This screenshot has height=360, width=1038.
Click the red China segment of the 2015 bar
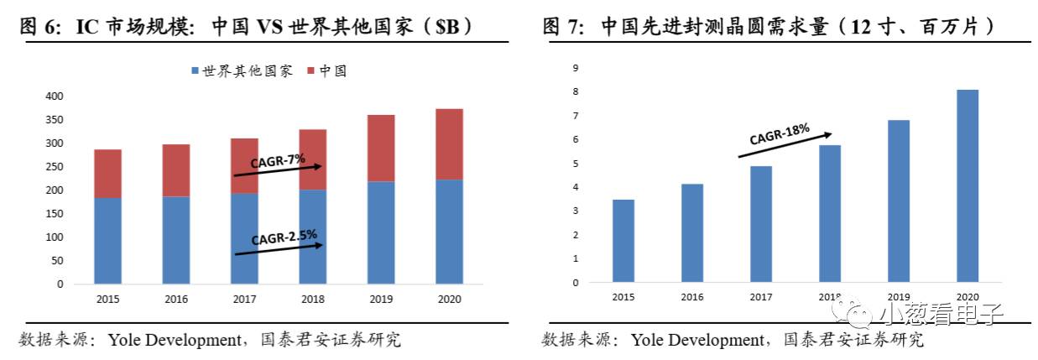pos(107,174)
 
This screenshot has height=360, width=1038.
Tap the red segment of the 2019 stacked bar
pos(380,149)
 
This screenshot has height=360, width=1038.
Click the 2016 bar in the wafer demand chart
pos(692,232)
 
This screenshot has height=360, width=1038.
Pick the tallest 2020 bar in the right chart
pos(967,185)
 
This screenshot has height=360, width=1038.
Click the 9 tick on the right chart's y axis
pos(576,67)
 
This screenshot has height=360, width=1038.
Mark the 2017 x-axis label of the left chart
pos(244,298)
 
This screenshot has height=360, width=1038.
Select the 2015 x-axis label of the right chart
pos(623,297)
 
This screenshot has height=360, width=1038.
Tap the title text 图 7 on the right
pos(563,27)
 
